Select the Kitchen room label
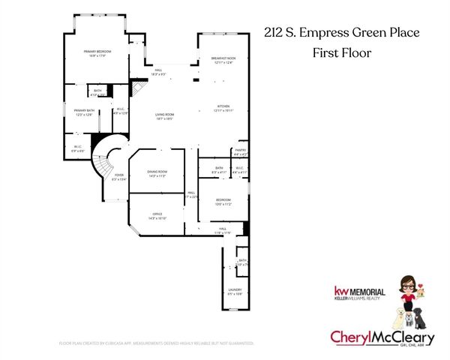(x=224, y=108)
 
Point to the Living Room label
(x=165, y=116)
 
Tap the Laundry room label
(x=235, y=291)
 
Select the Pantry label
(x=240, y=151)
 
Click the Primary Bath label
(x=82, y=112)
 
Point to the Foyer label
(x=118, y=176)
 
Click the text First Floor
(x=342, y=52)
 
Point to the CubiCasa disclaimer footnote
(x=156, y=343)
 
